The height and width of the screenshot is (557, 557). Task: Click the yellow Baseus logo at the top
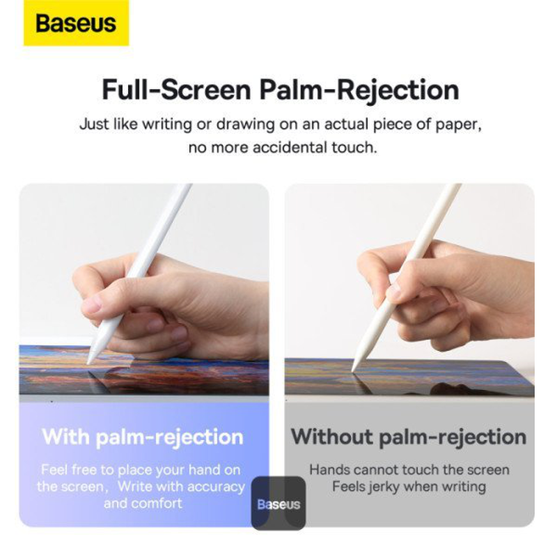[76, 24]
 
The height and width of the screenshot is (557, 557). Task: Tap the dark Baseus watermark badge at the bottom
[278, 503]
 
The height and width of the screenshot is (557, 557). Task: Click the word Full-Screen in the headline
[176, 91]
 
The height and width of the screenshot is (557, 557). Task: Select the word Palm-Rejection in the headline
[360, 91]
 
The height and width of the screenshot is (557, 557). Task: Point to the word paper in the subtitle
[457, 125]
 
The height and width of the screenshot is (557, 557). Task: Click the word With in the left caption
[65, 437]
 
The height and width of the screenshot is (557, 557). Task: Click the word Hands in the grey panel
[329, 470]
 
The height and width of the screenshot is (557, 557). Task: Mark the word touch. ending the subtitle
[355, 148]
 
